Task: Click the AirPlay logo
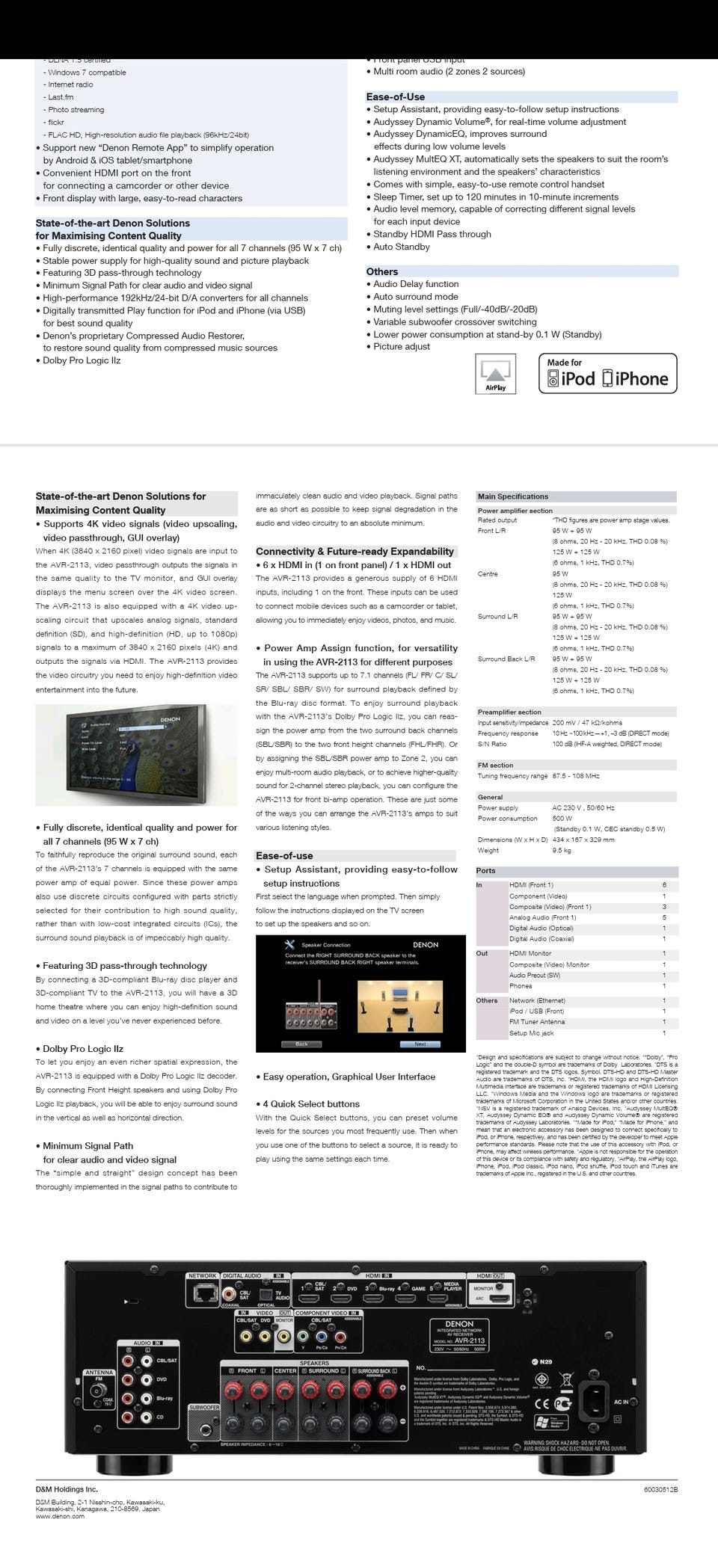(495, 374)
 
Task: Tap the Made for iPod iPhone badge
(607, 373)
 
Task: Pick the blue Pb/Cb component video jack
(321, 1337)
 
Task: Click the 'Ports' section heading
(486, 871)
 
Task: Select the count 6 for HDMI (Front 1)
(664, 885)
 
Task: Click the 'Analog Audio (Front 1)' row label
(542, 917)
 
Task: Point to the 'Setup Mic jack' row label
(532, 1033)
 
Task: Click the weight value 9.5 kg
(562, 850)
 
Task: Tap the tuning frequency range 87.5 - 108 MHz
(575, 776)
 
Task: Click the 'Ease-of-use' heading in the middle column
(284, 856)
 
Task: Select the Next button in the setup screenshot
(420, 1044)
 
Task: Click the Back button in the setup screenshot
(301, 1044)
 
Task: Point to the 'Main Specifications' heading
(513, 496)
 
